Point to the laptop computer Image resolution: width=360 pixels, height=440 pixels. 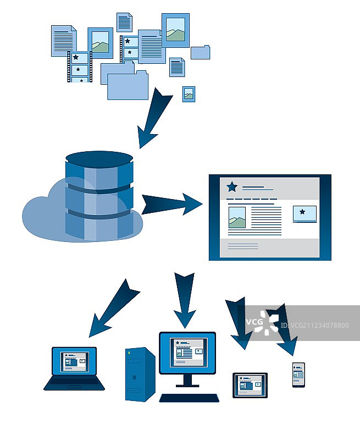pyautogui.click(x=74, y=369)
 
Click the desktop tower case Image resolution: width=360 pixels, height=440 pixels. pyautogui.click(x=140, y=374)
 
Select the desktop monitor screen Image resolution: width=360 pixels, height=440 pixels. pyautogui.click(x=187, y=353)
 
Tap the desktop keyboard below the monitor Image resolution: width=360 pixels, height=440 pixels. pyautogui.click(x=189, y=397)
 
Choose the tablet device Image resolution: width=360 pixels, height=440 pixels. pyautogui.click(x=250, y=385)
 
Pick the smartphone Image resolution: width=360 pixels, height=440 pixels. pyautogui.click(x=298, y=375)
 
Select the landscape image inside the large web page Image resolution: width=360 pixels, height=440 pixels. pyautogui.click(x=236, y=217)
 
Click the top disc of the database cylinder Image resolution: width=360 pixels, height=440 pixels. pyautogui.click(x=99, y=158)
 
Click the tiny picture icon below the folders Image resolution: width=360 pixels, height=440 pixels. pyautogui.click(x=189, y=94)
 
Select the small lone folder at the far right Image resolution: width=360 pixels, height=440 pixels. pyautogui.click(x=200, y=52)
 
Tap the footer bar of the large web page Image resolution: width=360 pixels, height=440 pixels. pyautogui.click(x=269, y=246)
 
